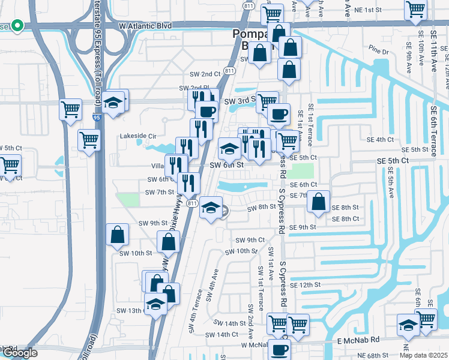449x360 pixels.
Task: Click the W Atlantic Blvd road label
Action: [145, 26]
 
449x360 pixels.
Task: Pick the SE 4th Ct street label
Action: [380, 139]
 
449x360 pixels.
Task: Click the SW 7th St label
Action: [159, 192]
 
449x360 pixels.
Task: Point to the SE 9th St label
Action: [303, 227]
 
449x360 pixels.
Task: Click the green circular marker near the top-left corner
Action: [17, 25]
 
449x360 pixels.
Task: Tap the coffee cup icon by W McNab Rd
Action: [279, 349]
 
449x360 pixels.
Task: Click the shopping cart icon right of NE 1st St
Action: [415, 10]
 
